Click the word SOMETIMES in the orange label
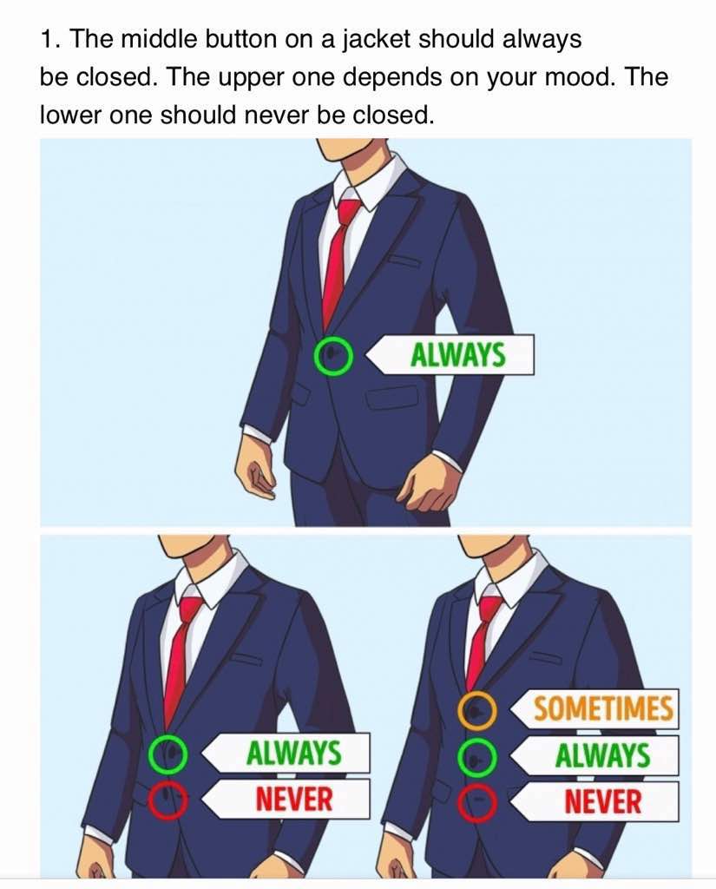click(603, 708)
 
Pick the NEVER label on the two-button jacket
click(286, 799)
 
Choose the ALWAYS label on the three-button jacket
click(594, 756)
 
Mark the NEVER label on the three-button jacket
click(594, 801)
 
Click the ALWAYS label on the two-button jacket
click(286, 753)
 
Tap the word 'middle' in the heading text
click(159, 39)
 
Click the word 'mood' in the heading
click(581, 77)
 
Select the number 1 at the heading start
click(47, 39)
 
